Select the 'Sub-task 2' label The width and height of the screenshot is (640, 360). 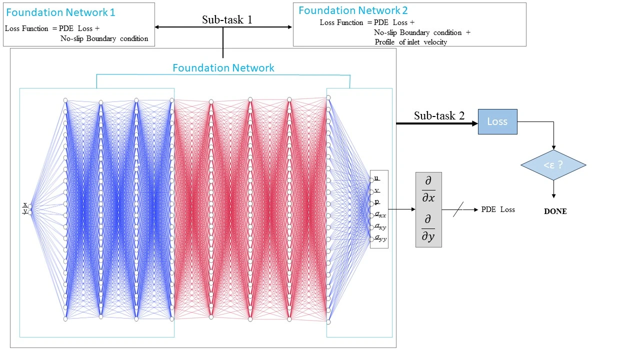coord(439,116)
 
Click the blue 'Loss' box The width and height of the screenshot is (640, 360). coord(497,121)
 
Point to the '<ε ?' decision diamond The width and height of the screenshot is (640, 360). coord(553,165)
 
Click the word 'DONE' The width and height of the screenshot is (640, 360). coord(555,211)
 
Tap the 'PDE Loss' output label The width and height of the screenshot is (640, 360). coord(497,209)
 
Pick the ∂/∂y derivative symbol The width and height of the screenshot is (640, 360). coord(428,228)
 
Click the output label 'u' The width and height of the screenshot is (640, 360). coord(377,178)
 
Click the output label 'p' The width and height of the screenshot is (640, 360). coord(377,202)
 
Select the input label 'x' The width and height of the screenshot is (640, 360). coord(25,204)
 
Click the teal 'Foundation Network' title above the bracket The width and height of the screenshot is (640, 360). coord(223,68)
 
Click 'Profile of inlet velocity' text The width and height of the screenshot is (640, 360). coord(410,42)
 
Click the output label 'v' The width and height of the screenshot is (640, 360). coord(377,190)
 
